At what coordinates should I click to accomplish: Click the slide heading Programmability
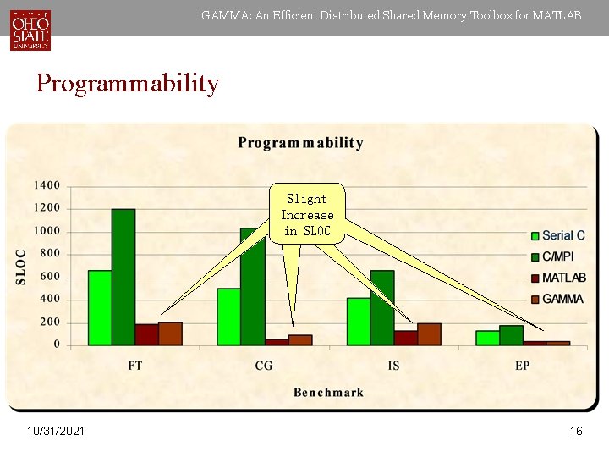click(x=127, y=84)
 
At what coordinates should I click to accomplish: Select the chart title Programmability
click(x=300, y=143)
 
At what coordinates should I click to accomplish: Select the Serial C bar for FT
click(x=100, y=307)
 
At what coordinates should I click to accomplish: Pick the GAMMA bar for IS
click(x=429, y=333)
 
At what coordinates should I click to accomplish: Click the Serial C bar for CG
click(x=228, y=316)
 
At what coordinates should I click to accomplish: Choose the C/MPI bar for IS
click(x=382, y=307)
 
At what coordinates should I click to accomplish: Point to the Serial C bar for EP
click(x=487, y=337)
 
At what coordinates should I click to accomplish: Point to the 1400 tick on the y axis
click(x=47, y=185)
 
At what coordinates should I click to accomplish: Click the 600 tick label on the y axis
click(x=50, y=277)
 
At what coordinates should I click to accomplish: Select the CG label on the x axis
click(x=264, y=366)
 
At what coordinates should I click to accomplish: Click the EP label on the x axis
click(x=522, y=366)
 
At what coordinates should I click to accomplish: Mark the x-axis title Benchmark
click(x=328, y=392)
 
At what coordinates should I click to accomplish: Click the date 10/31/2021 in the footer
click(x=56, y=432)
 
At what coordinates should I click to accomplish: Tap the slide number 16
click(x=576, y=432)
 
